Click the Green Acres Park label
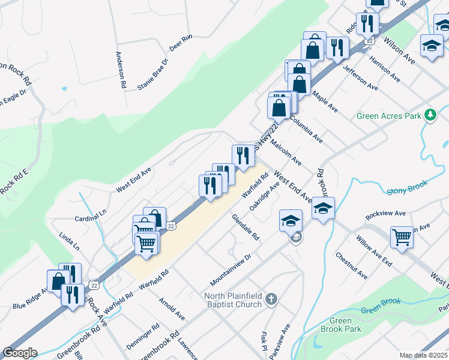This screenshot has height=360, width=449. click(x=389, y=116)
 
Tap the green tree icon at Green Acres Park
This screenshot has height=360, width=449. click(x=430, y=115)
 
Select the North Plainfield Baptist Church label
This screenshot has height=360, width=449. click(x=234, y=299)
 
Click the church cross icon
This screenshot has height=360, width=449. click(x=271, y=299)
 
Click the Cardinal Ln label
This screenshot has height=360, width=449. click(x=90, y=217)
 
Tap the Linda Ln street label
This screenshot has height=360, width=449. click(x=70, y=238)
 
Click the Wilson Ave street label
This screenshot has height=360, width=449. click(x=399, y=52)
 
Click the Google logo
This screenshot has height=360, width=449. click(x=20, y=353)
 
